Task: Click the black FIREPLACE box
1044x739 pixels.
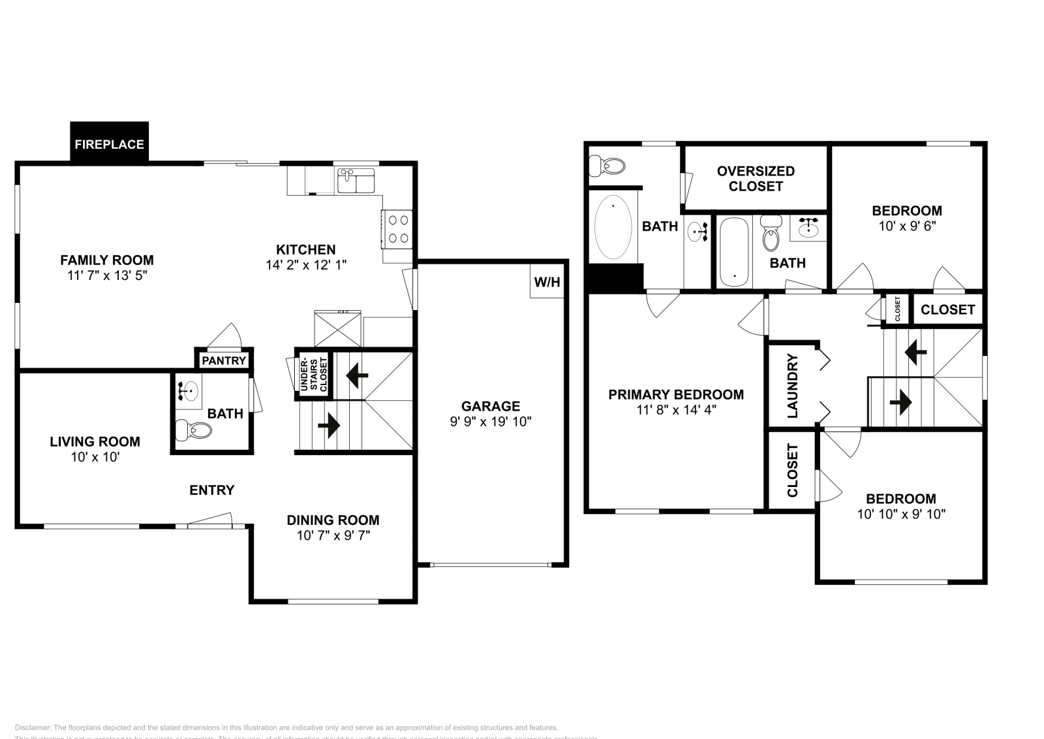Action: [x=109, y=144]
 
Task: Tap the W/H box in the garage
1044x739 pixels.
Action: [x=547, y=282]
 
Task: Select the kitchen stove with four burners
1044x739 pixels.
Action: [x=397, y=230]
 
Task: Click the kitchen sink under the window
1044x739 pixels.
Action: [x=356, y=180]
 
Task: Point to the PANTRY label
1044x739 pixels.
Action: [x=224, y=360]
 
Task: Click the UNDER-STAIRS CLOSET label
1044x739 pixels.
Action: [x=314, y=375]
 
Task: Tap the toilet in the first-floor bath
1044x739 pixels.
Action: [x=195, y=430]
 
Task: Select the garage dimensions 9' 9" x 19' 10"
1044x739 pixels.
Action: [x=491, y=422]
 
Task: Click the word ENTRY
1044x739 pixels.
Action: [x=211, y=490]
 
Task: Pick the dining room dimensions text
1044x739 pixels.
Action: [x=333, y=535]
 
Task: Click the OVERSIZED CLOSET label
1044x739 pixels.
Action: [x=756, y=178]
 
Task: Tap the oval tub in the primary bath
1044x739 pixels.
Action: [x=613, y=228]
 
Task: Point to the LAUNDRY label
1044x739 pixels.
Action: [x=793, y=385]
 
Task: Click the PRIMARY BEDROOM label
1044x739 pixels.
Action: [x=676, y=394]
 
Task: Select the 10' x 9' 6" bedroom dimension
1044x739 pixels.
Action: [x=906, y=226]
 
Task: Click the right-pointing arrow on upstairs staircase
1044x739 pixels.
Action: [x=900, y=402]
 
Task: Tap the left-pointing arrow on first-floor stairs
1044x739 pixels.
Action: [x=357, y=375]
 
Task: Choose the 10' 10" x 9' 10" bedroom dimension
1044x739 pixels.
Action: [x=901, y=514]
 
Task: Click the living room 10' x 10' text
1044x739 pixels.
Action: [x=95, y=457]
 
